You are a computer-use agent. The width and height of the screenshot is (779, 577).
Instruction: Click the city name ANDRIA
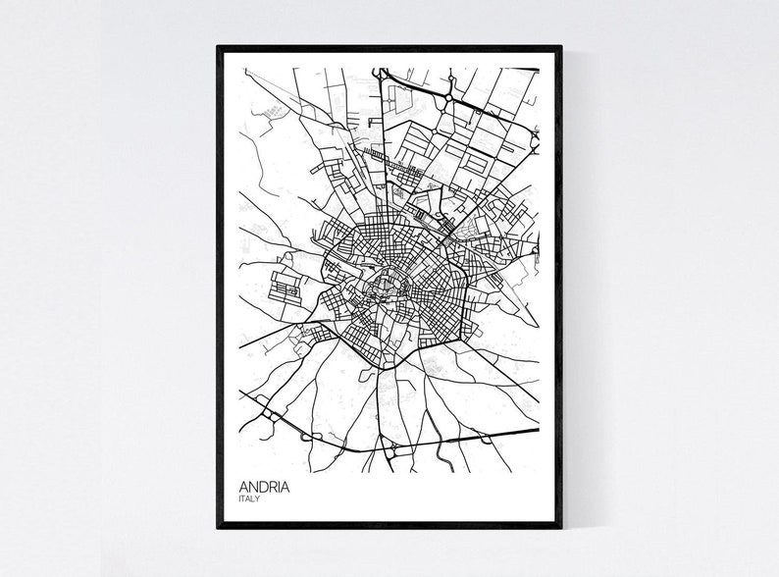tap(264, 486)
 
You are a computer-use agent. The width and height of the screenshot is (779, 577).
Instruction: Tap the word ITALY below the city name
tap(250, 499)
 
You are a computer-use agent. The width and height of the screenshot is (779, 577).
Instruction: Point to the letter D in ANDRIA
tap(262, 486)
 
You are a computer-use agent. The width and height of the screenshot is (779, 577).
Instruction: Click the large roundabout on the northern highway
tap(447, 99)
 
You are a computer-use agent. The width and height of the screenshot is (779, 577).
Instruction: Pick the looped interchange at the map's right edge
tap(534, 138)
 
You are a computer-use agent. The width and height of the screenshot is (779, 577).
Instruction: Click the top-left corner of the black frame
tap(219, 48)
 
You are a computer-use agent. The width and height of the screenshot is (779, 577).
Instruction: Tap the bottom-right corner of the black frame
tap(560, 527)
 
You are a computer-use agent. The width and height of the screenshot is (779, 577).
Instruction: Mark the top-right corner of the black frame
tap(560, 48)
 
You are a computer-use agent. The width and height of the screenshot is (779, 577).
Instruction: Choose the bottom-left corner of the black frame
tap(219, 527)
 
